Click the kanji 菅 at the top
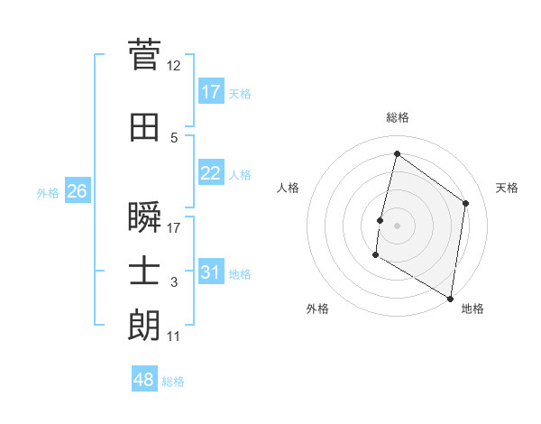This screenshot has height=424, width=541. (x=145, y=55)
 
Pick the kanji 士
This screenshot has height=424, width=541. (x=145, y=272)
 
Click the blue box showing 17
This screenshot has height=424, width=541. (x=211, y=91)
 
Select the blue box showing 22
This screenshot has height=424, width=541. (x=211, y=173)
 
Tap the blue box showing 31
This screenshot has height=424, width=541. (x=211, y=272)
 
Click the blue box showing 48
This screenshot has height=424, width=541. (x=144, y=380)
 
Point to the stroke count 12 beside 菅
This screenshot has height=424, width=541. (x=173, y=65)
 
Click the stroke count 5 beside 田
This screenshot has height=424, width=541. (x=174, y=137)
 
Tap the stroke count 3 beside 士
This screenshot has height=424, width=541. (x=174, y=282)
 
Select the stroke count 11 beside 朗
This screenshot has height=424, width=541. (x=173, y=336)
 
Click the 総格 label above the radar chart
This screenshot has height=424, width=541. (x=397, y=117)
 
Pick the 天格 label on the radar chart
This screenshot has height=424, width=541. (x=507, y=188)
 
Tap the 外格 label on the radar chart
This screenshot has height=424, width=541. (x=317, y=309)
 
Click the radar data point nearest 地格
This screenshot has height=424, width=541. (x=450, y=298)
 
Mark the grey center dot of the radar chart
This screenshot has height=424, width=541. (x=397, y=226)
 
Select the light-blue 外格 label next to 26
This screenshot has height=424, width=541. (x=48, y=192)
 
